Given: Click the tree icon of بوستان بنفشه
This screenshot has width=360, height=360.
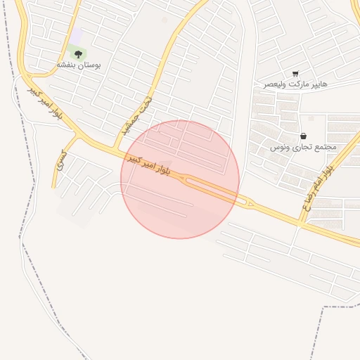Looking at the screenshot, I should [x=77, y=53].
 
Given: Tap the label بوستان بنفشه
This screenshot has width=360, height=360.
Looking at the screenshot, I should [x=79, y=65].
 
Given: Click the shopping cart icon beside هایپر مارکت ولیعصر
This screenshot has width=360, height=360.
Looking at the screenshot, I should [x=295, y=73].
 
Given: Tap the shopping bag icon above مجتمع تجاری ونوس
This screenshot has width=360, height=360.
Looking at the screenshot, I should [x=303, y=136].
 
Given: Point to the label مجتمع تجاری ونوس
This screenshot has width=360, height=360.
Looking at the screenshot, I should [x=304, y=147].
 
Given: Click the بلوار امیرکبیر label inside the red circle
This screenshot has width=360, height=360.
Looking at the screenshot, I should [x=148, y=166].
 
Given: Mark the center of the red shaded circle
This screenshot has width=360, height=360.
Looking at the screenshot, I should [x=180, y=179].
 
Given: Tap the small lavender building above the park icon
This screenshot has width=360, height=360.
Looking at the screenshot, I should [x=75, y=35].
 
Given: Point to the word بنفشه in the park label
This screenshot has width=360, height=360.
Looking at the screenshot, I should [x=68, y=65].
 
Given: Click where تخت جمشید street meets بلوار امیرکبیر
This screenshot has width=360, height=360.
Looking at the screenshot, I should [x=114, y=148].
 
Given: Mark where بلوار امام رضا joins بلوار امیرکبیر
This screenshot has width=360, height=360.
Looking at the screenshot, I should [x=300, y=221].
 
